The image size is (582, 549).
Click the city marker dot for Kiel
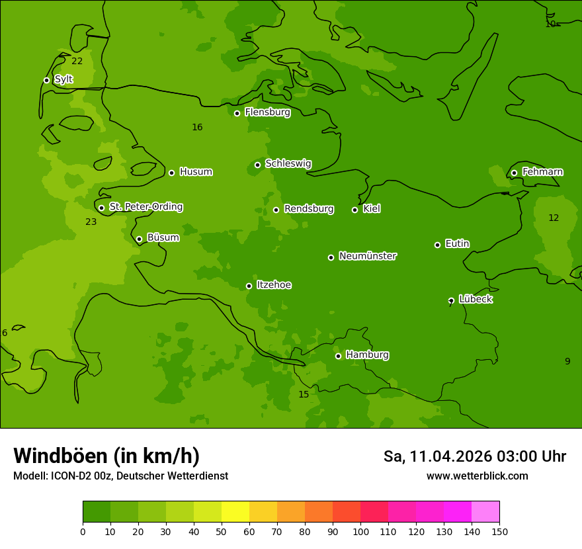tap(354, 210)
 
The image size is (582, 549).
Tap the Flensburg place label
tap(267, 112)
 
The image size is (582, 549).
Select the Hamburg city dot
tap(338, 356)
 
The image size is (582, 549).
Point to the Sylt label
tap(63, 79)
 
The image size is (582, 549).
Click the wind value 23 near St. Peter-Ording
tap(91, 222)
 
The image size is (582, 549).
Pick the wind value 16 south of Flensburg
tap(197, 127)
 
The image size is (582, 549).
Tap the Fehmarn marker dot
tap(514, 173)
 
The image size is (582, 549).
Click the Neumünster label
tap(368, 256)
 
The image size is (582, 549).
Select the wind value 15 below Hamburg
tap(304, 394)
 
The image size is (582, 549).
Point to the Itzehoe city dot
tap(249, 286)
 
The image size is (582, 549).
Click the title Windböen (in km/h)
tap(106, 456)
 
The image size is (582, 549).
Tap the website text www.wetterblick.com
tap(477, 476)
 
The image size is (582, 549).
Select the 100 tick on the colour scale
tap(360, 531)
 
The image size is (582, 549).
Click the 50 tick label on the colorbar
tap(222, 531)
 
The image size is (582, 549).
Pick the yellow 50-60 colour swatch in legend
tap(235, 511)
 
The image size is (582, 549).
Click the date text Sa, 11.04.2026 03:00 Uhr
tap(474, 456)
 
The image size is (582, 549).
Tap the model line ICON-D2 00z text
tap(120, 476)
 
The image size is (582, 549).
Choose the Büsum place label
tap(163, 237)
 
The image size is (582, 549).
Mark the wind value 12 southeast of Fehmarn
tap(554, 218)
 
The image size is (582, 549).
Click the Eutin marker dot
tap(437, 245)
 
